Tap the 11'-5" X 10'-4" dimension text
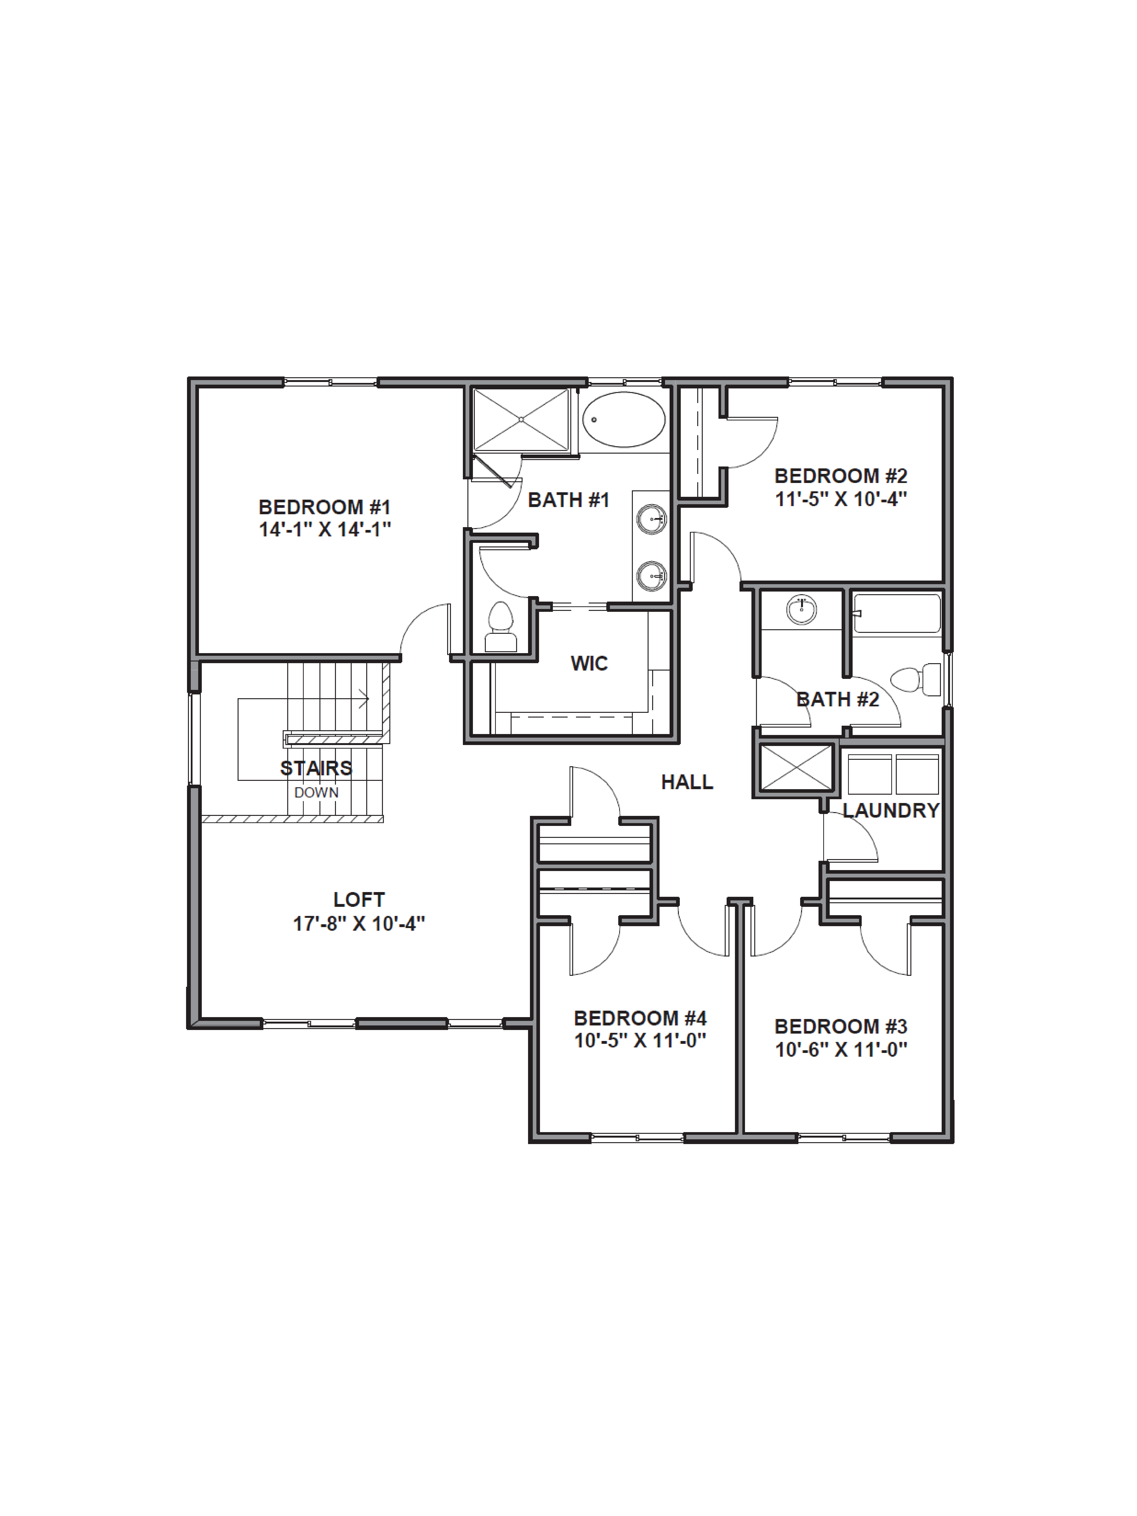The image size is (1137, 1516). tap(841, 499)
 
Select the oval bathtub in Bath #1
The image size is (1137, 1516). tap(624, 420)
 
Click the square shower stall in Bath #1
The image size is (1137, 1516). tap(521, 420)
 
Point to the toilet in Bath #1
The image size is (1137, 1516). tap(500, 627)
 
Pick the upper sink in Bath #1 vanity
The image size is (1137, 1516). tap(651, 519)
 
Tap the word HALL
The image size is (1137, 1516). tap(687, 782)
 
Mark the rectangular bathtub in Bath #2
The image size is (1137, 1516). tap(896, 613)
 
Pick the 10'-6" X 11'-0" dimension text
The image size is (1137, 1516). tap(841, 1049)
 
